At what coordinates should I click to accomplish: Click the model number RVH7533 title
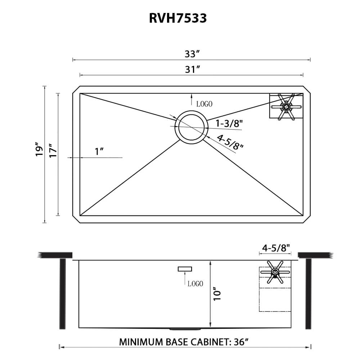178,18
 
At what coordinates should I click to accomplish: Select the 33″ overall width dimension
192,54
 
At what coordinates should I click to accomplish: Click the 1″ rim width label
99,152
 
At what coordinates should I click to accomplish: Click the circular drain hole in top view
191,128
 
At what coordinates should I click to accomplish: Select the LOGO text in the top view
204,104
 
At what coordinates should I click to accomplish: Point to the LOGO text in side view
195,284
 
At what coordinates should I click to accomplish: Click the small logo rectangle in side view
185,269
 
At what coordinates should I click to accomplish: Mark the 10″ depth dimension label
216,294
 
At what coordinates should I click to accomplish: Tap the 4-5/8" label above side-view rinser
276,248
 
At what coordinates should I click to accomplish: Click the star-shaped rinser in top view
286,106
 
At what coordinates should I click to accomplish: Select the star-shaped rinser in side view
275,272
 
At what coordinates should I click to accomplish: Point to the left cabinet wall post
62,293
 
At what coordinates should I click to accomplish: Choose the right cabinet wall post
308,293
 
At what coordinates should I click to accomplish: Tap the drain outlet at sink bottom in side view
184,329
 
